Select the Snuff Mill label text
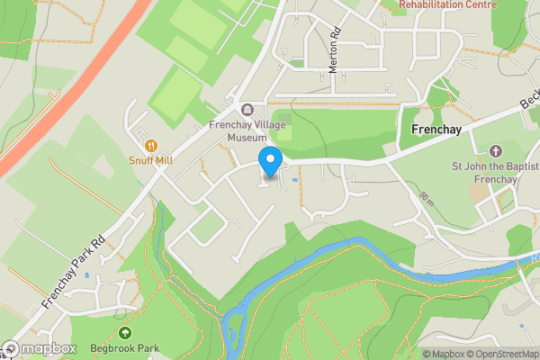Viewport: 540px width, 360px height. click(150, 159)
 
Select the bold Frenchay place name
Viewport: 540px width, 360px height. click(436, 130)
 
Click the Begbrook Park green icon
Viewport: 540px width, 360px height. click(125, 333)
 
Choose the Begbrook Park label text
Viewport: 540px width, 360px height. click(124, 348)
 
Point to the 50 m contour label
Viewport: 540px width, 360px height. click(425, 196)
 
